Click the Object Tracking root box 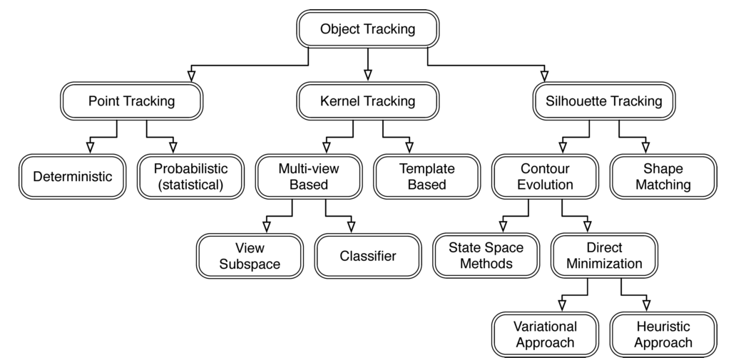(367, 29)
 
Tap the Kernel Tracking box (367, 101)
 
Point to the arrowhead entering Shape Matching (646, 148)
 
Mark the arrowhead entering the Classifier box (351, 227)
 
